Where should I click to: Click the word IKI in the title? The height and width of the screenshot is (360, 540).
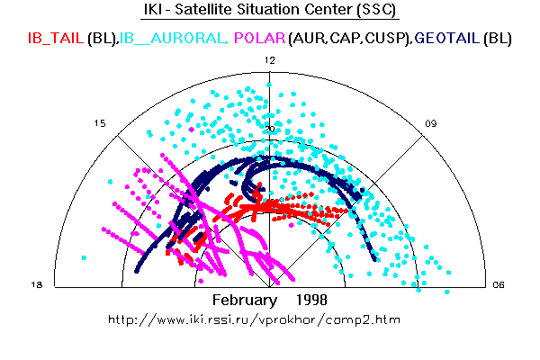[154, 12]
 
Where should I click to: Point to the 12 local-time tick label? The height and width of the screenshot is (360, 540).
[269, 59]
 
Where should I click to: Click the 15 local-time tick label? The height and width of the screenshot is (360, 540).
[100, 123]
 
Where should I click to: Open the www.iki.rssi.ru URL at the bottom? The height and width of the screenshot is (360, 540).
[253, 319]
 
